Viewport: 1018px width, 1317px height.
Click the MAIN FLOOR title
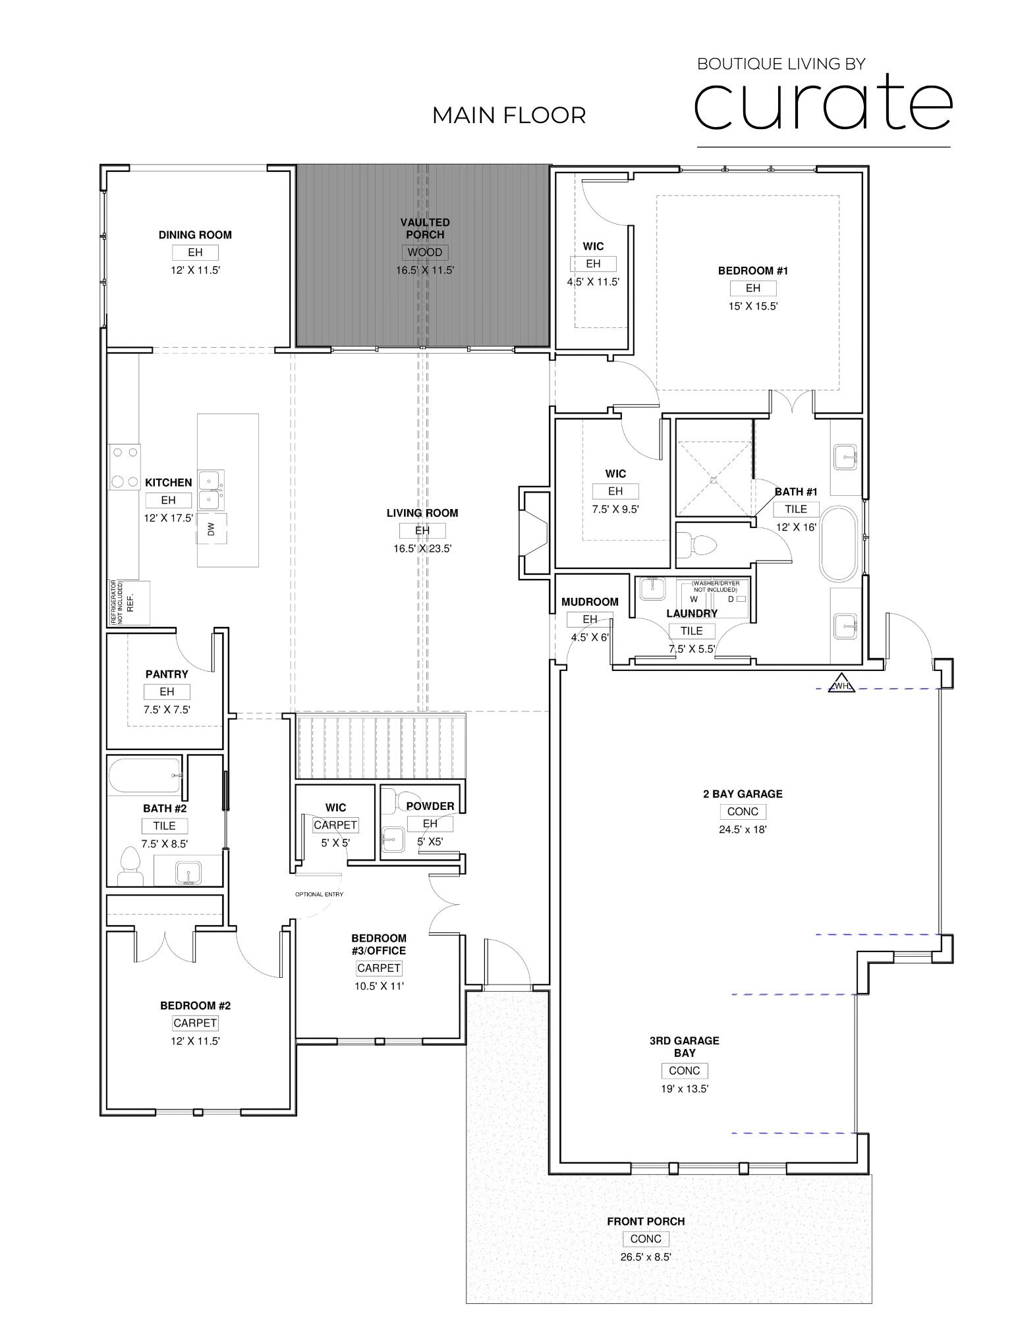[x=509, y=115]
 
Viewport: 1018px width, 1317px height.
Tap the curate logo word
[x=823, y=102]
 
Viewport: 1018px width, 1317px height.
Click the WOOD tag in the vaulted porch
[x=425, y=252]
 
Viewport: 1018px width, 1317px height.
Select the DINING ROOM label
[x=195, y=234]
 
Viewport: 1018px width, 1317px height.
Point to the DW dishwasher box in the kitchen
[x=212, y=529]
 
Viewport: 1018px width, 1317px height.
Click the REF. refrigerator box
[x=129, y=603]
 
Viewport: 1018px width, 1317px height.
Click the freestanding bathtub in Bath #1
[x=838, y=542]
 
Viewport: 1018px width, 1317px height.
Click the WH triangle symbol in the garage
[x=841, y=683]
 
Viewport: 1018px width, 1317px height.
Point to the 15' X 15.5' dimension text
[x=752, y=306]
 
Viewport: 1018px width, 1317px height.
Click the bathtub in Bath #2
[x=145, y=776]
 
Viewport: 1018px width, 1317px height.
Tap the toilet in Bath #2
[x=130, y=866]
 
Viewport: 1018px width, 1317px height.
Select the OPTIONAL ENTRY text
[x=319, y=894]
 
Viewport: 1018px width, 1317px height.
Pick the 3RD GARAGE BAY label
[x=684, y=1046]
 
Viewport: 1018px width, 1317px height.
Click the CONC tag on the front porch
[x=645, y=1239]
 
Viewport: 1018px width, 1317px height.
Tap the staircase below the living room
[x=380, y=747]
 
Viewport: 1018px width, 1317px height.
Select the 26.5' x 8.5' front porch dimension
[x=645, y=1256]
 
